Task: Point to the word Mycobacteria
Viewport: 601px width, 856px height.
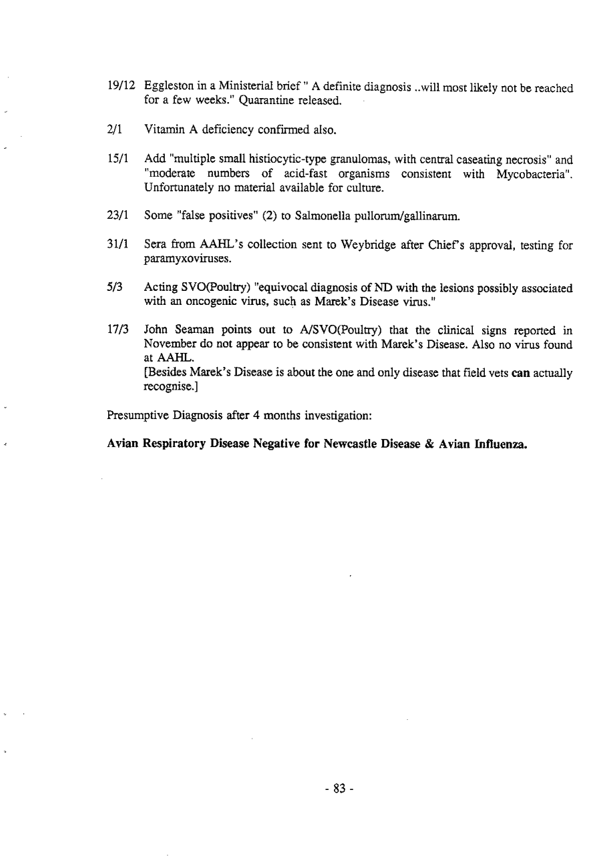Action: (534, 174)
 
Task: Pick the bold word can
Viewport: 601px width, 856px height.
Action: (520, 374)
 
